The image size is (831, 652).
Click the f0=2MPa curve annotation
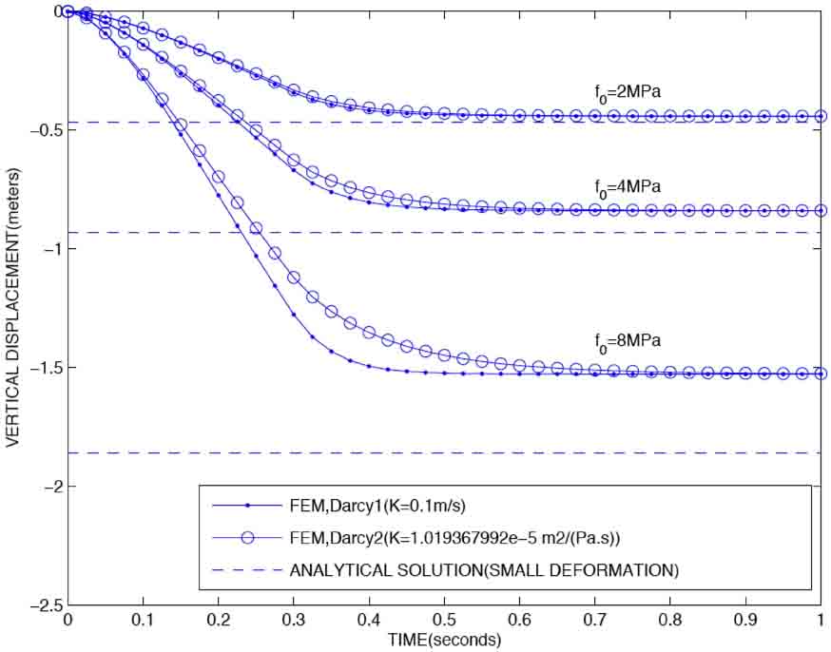coord(622,93)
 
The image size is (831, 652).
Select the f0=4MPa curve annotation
coord(622,186)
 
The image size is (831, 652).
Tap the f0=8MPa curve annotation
coord(622,339)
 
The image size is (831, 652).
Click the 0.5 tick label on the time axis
coord(445,621)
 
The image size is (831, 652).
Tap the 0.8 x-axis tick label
coord(670,621)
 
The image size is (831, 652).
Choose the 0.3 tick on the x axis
coord(294,621)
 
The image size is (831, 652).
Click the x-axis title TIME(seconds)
coord(445,641)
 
